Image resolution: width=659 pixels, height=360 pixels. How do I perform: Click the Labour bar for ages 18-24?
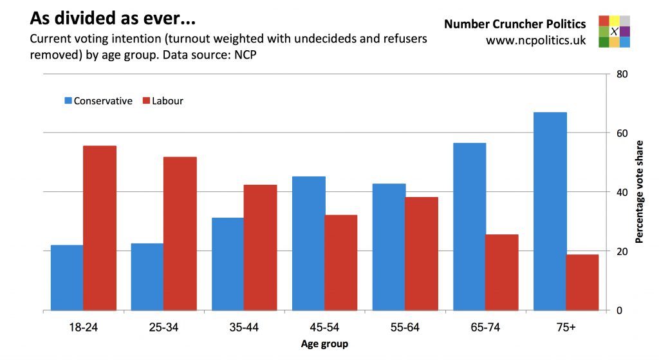(100, 228)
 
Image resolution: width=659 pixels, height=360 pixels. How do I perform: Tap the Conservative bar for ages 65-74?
(470, 227)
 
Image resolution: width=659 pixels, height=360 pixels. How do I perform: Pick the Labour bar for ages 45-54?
(341, 263)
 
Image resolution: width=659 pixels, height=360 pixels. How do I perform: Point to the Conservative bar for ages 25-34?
(147, 277)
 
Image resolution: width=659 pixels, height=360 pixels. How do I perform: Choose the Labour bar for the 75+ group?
(582, 282)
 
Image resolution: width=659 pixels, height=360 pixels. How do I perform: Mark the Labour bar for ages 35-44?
(261, 247)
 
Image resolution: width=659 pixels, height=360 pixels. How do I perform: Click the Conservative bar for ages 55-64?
(389, 247)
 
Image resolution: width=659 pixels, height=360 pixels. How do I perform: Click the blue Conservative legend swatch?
(68, 101)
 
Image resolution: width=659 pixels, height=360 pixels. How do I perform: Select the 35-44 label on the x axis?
(244, 327)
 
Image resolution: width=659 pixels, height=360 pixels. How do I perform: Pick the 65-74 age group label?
(486, 327)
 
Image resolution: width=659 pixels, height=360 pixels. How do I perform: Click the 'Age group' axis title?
(324, 344)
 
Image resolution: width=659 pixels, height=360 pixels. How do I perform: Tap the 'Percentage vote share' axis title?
(639, 191)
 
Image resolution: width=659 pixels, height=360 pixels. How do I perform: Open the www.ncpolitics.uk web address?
(536, 40)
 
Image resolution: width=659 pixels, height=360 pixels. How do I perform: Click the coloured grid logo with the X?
(614, 32)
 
